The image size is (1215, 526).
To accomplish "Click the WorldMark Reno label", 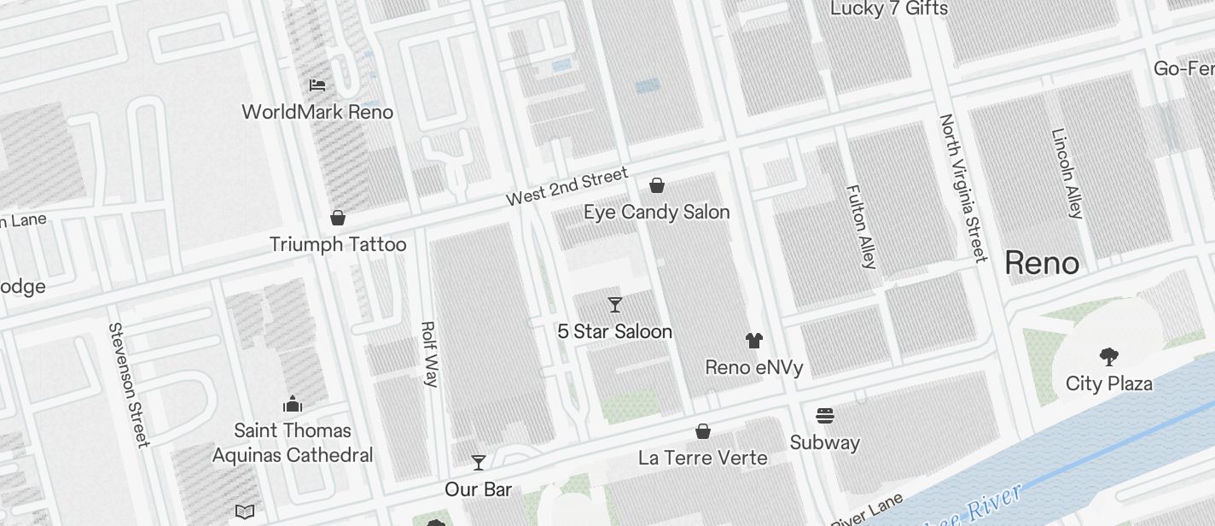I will [x=317, y=112].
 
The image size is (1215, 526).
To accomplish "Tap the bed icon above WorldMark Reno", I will [x=317, y=85].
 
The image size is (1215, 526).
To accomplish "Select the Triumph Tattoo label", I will [x=338, y=244].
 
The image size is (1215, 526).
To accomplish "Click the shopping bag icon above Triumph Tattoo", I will [x=338, y=218].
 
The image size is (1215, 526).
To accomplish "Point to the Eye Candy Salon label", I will [x=656, y=212].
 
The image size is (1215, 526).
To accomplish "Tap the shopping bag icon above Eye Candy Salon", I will [x=657, y=185].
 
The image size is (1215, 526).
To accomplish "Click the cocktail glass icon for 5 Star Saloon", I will [x=614, y=305].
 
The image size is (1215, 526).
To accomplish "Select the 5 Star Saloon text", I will [x=614, y=331].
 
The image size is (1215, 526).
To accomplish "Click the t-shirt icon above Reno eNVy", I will [x=753, y=341].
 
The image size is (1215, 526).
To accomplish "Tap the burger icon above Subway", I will [x=824, y=416].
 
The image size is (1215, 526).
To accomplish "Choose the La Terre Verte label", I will [x=702, y=458].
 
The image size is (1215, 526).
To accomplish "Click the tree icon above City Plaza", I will [x=1108, y=357].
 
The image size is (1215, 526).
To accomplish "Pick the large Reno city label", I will [x=1042, y=263].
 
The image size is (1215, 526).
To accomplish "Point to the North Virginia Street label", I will [x=962, y=188].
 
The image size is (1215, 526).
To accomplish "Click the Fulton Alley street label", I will [x=860, y=226].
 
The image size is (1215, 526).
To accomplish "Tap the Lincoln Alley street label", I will [x=1067, y=174].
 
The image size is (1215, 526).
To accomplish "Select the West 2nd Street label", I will [x=567, y=187].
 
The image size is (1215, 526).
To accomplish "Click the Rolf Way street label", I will [x=429, y=354].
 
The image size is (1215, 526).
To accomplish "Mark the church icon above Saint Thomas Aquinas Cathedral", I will [x=293, y=403].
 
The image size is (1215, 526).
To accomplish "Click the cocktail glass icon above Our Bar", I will [x=479, y=463].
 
